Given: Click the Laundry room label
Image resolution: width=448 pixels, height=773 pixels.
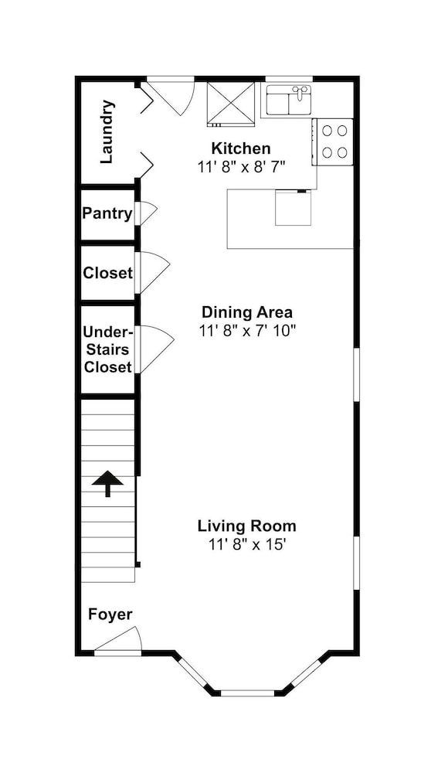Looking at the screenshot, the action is [x=107, y=132].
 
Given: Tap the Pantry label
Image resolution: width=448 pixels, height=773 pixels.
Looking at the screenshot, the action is [x=107, y=214].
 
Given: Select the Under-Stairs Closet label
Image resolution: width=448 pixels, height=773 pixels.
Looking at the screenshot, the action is [x=108, y=349].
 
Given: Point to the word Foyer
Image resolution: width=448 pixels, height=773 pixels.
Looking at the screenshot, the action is [x=110, y=615].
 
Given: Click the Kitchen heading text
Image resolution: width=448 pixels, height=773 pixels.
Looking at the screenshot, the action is [x=241, y=148].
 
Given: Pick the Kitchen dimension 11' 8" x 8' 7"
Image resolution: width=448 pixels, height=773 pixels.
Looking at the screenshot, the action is [x=242, y=167].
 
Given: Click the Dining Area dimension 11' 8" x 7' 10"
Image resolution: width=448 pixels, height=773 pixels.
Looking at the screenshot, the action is [x=247, y=330].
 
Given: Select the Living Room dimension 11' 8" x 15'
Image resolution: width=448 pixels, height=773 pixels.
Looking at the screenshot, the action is [x=247, y=543].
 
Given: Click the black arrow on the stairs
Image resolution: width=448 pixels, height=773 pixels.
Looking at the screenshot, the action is [x=107, y=484].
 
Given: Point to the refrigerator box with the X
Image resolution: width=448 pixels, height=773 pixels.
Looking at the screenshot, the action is [x=231, y=103].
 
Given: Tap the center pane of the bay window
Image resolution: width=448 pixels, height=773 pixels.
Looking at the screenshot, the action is [x=247, y=693].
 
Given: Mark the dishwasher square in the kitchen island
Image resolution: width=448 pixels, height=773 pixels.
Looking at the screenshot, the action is [x=293, y=208].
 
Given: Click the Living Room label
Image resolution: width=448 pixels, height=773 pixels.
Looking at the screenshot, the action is [x=247, y=526].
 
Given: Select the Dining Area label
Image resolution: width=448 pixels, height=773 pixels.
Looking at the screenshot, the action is [x=247, y=312].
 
